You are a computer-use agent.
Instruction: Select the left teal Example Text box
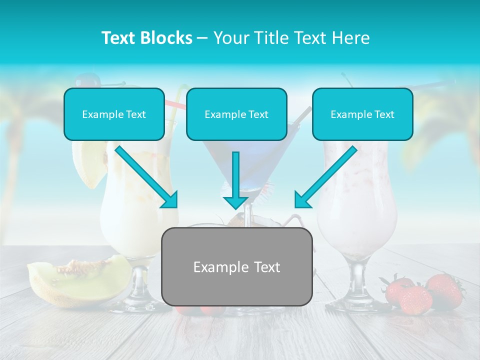(x=114, y=114)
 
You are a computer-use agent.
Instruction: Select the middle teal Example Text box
(x=236, y=114)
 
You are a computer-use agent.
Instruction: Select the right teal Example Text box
(x=362, y=114)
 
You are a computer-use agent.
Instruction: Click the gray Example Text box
(x=236, y=266)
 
